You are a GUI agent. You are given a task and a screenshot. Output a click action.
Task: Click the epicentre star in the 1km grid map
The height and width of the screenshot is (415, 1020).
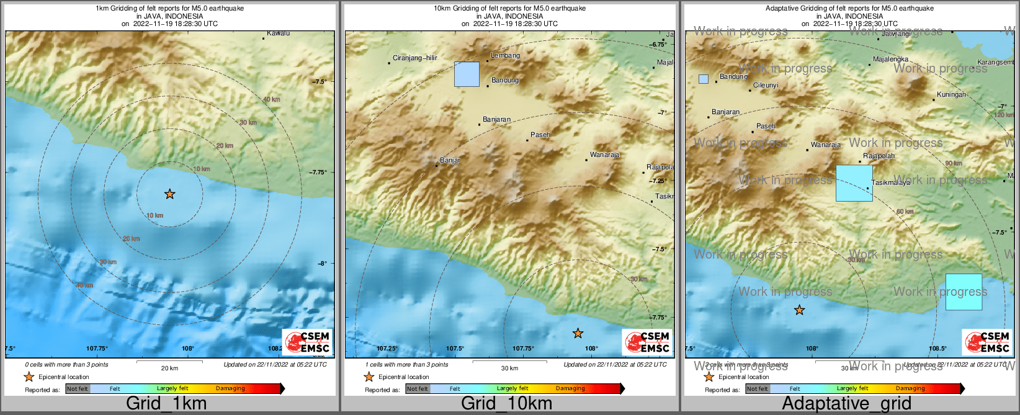tap(169, 194)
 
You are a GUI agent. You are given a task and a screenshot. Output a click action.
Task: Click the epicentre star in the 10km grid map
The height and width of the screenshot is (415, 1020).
tap(578, 334)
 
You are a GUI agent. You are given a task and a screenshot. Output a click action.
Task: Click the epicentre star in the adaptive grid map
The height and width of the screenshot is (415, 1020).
tap(799, 310)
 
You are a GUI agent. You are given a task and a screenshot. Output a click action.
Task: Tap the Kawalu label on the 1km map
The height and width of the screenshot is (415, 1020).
tap(278, 33)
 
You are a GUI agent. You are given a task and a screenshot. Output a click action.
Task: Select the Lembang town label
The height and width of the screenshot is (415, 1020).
tap(505, 56)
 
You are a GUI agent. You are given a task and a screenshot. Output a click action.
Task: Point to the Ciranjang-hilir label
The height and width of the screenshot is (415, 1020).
tap(414, 58)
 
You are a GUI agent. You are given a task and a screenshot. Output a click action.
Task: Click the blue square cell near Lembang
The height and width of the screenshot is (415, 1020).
tap(467, 74)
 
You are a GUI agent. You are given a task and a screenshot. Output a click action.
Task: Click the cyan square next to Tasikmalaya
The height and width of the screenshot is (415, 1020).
tap(854, 183)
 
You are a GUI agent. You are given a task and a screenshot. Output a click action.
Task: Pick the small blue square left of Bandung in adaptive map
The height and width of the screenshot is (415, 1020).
tap(703, 79)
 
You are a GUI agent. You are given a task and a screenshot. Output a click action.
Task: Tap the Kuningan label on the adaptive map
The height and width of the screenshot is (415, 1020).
tap(951, 95)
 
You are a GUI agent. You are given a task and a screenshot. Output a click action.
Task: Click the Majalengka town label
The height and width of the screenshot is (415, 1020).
tap(890, 60)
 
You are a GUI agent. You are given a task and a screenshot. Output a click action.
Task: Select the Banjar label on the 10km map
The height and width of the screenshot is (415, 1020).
tap(450, 161)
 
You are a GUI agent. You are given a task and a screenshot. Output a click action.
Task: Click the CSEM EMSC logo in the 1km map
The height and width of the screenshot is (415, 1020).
tap(307, 342)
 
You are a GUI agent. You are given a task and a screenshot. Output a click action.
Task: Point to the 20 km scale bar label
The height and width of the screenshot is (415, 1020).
tap(169, 368)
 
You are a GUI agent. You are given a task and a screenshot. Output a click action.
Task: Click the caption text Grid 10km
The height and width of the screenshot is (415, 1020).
tap(506, 403)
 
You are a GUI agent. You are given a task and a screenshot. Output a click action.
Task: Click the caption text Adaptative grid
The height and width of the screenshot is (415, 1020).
tap(846, 403)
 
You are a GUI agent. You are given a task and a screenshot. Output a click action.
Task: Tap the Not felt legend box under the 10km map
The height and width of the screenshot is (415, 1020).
tap(418, 389)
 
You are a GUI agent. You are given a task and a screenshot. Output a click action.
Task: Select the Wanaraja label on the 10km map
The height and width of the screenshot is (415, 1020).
tap(604, 155)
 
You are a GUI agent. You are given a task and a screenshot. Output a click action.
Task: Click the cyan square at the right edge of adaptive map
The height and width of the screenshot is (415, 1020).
tap(964, 292)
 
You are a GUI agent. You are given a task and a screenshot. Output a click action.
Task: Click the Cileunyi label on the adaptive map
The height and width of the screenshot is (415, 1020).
tap(765, 86)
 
